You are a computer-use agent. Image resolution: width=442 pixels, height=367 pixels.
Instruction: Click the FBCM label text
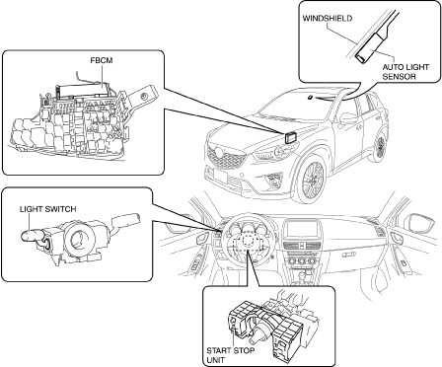pyautogui.click(x=102, y=61)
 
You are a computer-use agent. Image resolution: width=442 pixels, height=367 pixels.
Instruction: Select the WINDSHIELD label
pyautogui.click(x=328, y=18)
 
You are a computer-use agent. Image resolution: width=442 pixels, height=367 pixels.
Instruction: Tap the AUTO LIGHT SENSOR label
pyautogui.click(x=405, y=72)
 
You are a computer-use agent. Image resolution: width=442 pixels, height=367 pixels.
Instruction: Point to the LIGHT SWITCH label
pyautogui.click(x=48, y=209)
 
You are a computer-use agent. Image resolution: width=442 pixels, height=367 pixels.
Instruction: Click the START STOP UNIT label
pyautogui.click(x=230, y=355)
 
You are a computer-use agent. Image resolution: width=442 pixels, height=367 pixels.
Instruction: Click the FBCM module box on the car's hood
pyautogui.click(x=290, y=137)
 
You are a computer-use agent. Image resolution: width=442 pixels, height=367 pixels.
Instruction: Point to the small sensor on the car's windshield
pyautogui.click(x=310, y=97)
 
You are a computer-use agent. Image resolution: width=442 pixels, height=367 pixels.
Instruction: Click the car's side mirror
pyautogui.click(x=347, y=118)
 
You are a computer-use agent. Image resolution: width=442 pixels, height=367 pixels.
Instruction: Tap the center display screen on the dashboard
pyautogui.click(x=300, y=230)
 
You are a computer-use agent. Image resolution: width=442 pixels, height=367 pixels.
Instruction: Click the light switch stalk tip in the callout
pyautogui.click(x=28, y=236)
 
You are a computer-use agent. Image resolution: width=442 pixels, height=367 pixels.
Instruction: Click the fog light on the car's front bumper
pyautogui.click(x=273, y=180)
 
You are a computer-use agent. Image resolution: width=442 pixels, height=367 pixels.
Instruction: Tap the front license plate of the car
pyautogui.click(x=219, y=176)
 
